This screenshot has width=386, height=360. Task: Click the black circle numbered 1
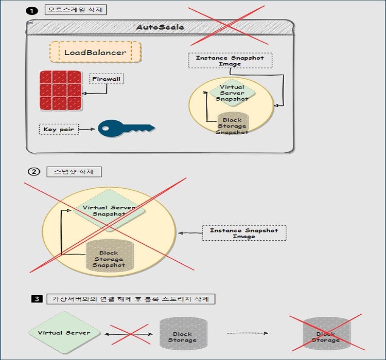click(x=32, y=10)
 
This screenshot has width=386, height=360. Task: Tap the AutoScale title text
click(x=160, y=27)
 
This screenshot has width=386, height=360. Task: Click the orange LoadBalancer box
click(x=95, y=52)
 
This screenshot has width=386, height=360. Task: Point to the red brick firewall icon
click(x=61, y=90)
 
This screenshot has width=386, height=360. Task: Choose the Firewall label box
click(x=107, y=79)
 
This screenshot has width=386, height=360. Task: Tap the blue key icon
click(x=125, y=129)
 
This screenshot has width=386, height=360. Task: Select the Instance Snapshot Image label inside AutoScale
click(x=230, y=61)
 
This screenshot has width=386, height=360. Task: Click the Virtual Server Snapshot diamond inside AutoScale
click(x=232, y=93)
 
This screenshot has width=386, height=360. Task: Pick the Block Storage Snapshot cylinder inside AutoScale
click(x=232, y=124)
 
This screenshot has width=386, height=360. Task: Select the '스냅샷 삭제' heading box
click(x=74, y=172)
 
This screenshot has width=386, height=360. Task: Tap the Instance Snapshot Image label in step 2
click(x=244, y=233)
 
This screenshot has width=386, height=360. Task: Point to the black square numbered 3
click(x=36, y=299)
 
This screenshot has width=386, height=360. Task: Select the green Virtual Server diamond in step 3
click(x=64, y=333)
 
